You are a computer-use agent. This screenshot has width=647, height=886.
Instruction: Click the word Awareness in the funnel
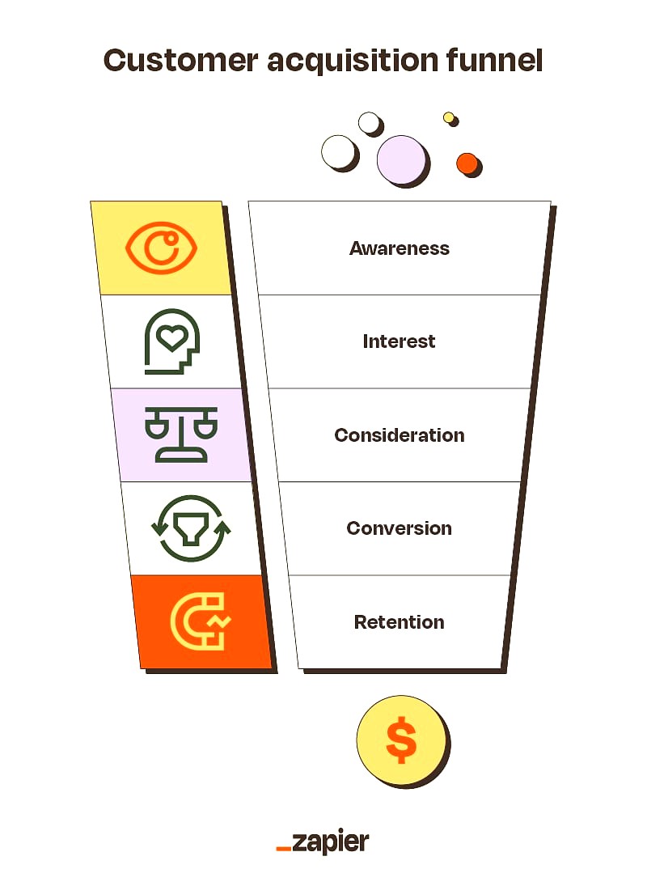pyautogui.click(x=400, y=248)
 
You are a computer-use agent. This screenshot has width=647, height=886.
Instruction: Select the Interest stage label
pyautogui.click(x=399, y=341)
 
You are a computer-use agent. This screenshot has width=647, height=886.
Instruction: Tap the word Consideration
pyautogui.click(x=400, y=435)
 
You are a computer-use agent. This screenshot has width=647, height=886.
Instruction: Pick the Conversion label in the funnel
pyautogui.click(x=400, y=528)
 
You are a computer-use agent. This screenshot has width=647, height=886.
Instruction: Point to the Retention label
pyautogui.click(x=400, y=622)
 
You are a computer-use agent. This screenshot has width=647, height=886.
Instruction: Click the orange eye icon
pyautogui.click(x=161, y=248)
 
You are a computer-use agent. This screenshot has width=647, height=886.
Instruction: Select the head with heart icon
pyautogui.click(x=172, y=341)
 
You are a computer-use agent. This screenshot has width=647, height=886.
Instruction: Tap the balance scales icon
pyautogui.click(x=181, y=435)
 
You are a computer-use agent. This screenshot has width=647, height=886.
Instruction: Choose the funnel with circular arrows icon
pyautogui.click(x=192, y=528)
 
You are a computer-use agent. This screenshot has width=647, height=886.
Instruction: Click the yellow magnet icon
pyautogui.click(x=199, y=621)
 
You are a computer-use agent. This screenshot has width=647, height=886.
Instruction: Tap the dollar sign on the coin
pyautogui.click(x=401, y=740)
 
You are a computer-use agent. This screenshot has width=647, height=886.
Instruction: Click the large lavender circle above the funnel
pyautogui.click(x=401, y=160)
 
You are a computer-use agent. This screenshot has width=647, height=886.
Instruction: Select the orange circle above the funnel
pyautogui.click(x=467, y=164)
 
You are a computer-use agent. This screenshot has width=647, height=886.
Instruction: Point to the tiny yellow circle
pyautogui.click(x=449, y=117)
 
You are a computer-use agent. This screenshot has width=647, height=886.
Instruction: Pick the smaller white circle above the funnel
pyautogui.click(x=370, y=122)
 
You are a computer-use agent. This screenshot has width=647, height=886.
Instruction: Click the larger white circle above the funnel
pyautogui.click(x=339, y=153)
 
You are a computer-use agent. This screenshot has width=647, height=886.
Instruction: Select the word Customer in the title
pyautogui.click(x=180, y=61)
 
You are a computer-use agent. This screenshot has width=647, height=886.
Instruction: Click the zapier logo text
pyautogui.click(x=330, y=842)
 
